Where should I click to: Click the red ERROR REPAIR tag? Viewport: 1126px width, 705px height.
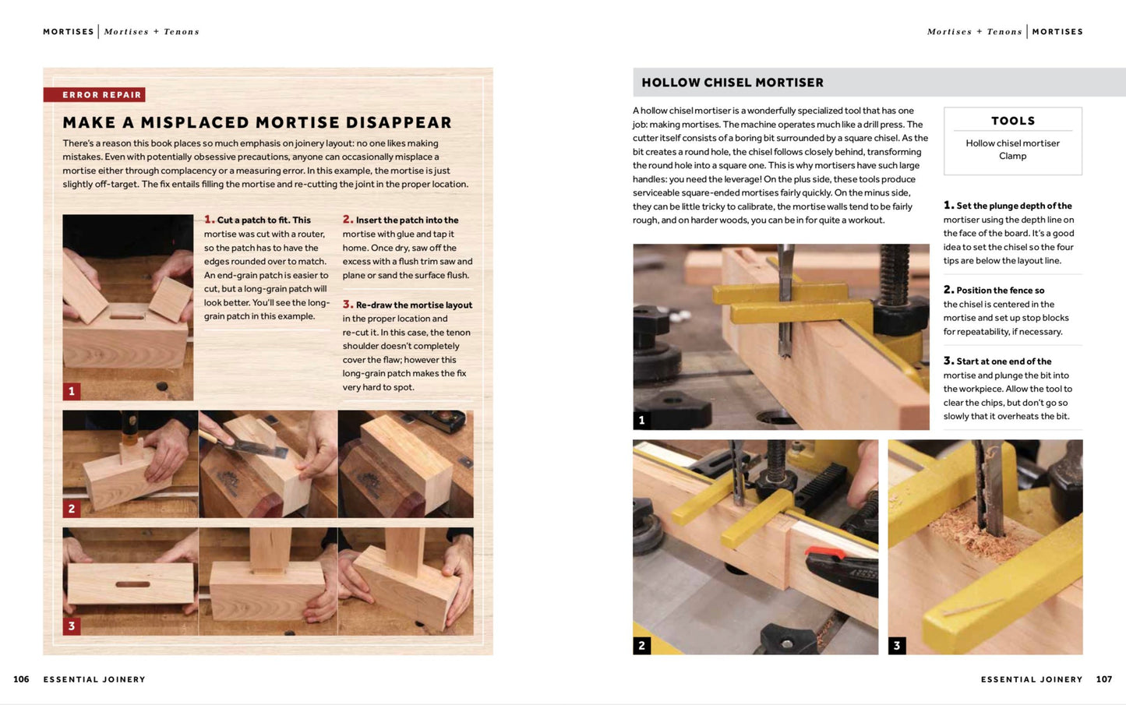[x=94, y=94]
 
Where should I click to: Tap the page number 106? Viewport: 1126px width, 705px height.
[x=21, y=679]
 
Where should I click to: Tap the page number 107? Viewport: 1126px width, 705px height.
[x=1104, y=679]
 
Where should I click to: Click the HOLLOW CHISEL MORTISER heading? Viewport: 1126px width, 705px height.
[x=732, y=83]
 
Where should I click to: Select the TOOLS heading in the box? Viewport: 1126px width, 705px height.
[x=1013, y=121]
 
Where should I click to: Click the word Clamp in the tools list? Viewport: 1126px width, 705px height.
[x=1012, y=156]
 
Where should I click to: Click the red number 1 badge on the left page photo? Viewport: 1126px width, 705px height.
[x=72, y=391]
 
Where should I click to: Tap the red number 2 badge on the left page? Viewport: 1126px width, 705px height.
[x=72, y=509]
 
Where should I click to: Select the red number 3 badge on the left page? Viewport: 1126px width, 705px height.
[x=72, y=626]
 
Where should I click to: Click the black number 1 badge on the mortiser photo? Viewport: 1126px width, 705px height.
[x=641, y=420]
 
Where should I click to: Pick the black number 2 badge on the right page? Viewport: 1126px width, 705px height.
[x=641, y=645]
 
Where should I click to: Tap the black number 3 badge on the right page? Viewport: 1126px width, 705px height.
[x=897, y=645]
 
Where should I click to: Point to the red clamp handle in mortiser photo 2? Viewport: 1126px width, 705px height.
[x=825, y=555]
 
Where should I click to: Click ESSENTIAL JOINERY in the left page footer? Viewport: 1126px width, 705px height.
[x=94, y=679]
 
